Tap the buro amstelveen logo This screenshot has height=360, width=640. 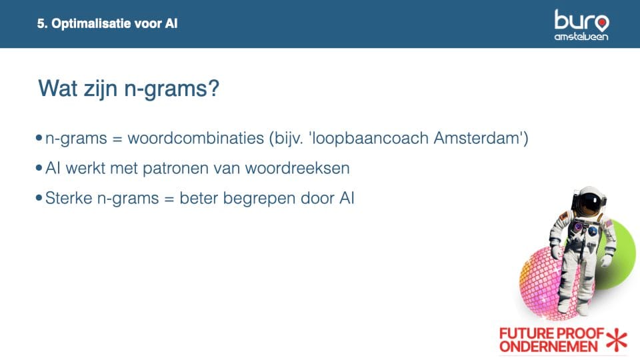tap(581, 25)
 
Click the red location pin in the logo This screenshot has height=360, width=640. tap(601, 23)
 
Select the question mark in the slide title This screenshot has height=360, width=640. tap(214, 88)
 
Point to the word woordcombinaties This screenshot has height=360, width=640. tap(195, 139)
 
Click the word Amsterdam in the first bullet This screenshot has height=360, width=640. tap(476, 138)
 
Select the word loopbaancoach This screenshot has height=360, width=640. tap(370, 139)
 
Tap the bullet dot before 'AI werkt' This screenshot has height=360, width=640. tap(39, 168)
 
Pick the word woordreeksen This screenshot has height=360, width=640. tap(297, 168)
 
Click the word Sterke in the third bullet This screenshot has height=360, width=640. tap(69, 198)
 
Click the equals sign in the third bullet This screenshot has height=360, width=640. tap(169, 199)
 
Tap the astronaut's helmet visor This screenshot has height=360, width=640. tap(590, 203)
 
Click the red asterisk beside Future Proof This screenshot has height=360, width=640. tap(617, 340)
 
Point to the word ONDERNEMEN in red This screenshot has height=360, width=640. tap(548, 347)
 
